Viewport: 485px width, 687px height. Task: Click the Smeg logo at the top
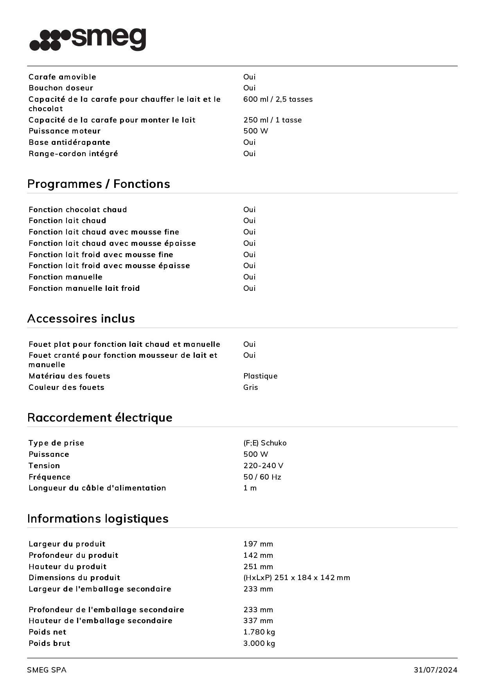(x=88, y=39)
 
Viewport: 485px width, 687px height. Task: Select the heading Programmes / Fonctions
(x=99, y=184)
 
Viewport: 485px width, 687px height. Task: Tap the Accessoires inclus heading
(x=81, y=319)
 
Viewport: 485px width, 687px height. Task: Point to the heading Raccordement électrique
(x=100, y=418)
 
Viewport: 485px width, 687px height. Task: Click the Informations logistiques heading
(x=98, y=519)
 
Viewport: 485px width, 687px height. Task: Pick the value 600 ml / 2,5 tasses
(x=278, y=99)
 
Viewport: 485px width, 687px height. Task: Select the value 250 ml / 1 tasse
(x=272, y=120)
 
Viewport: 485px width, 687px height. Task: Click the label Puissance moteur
(x=65, y=131)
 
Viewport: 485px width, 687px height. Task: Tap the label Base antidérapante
(x=69, y=142)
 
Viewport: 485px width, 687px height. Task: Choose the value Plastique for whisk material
(x=260, y=376)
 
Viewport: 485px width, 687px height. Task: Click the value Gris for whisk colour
(x=250, y=388)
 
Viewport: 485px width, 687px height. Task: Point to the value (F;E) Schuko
(x=265, y=443)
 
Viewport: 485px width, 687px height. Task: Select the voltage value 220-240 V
(x=263, y=466)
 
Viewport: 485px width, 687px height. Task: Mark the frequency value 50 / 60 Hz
(x=262, y=477)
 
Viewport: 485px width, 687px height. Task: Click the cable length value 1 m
(x=250, y=488)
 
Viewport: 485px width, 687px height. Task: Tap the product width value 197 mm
(x=258, y=544)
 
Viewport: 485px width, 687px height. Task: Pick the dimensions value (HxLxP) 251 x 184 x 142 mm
(x=296, y=578)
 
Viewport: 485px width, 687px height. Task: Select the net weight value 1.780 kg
(x=259, y=632)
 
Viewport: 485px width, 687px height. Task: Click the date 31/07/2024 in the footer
(x=435, y=670)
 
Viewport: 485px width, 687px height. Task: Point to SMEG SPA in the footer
(x=47, y=670)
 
